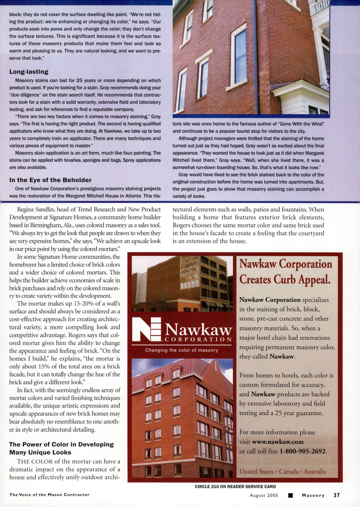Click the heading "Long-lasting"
[29, 72]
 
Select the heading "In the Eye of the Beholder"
[50, 180]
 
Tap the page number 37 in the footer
[337, 495]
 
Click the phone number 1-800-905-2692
[303, 451]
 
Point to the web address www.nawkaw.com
[278, 442]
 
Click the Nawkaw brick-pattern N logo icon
[146, 329]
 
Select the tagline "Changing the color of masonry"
[181, 350]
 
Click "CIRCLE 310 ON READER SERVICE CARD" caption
[235, 487]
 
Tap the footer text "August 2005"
[264, 495]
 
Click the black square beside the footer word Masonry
[290, 495]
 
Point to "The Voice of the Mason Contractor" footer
[49, 495]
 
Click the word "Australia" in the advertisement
[315, 472]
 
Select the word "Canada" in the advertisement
[289, 472]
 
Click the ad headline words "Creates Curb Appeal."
[285, 279]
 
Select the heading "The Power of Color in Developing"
[61, 444]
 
